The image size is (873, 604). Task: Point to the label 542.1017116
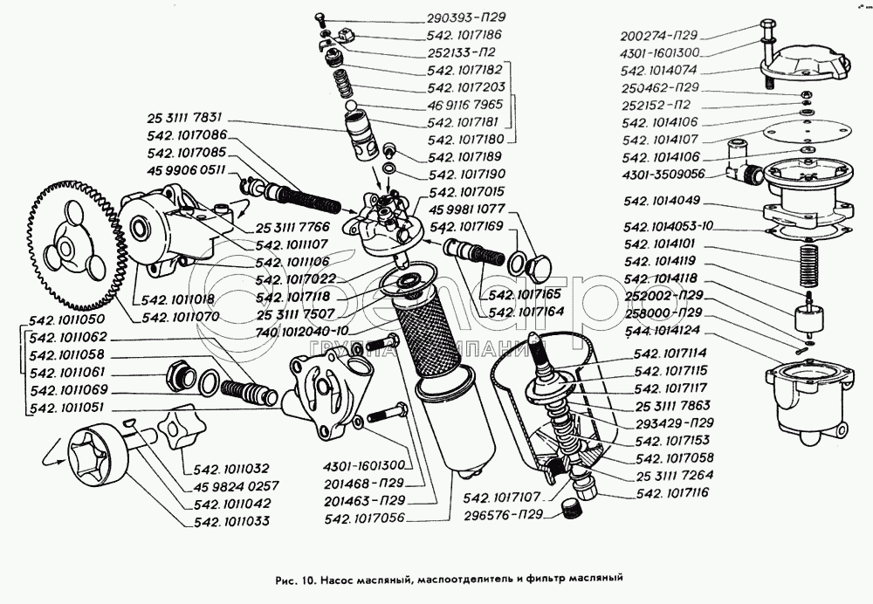(678, 493)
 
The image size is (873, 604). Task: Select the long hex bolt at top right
(767, 48)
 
